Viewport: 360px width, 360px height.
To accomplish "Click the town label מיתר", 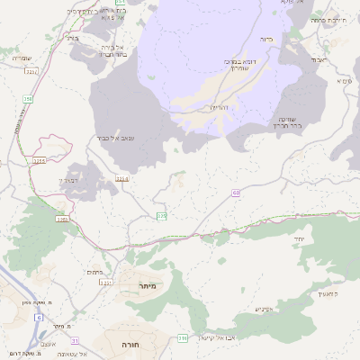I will [148, 285].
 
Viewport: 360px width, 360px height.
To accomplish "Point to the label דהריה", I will [220, 108].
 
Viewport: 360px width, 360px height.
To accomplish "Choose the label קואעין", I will [328, 293].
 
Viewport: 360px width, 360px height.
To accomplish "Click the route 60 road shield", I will [236, 192].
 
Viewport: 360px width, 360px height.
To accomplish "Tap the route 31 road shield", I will [76, 340].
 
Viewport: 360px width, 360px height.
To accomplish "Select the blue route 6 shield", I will [39, 318].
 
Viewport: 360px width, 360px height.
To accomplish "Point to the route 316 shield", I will [183, 337].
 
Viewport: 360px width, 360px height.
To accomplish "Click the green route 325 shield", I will [162, 216].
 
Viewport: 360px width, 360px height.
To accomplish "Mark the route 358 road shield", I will [28, 98].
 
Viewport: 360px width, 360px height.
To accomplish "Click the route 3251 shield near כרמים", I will [105, 283].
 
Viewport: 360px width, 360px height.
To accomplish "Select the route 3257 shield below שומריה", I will [31, 70].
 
